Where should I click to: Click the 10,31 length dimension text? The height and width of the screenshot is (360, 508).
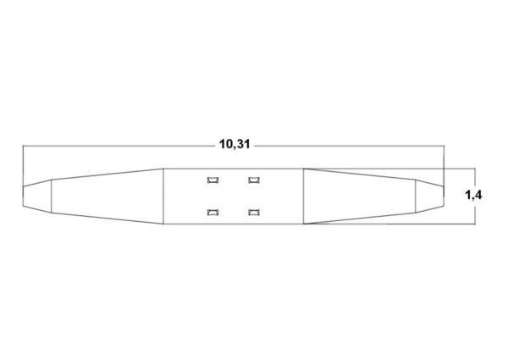click(x=235, y=144)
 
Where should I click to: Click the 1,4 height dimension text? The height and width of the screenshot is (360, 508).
click(x=473, y=195)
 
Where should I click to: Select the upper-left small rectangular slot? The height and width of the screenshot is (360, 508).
click(x=213, y=180)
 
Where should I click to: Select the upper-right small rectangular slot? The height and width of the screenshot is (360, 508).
click(x=254, y=180)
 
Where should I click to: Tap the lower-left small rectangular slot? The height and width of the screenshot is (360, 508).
click(x=213, y=213)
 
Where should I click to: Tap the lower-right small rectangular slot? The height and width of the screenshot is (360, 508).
click(x=254, y=213)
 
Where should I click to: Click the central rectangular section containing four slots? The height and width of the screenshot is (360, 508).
click(x=233, y=197)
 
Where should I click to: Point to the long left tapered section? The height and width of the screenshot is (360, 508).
click(x=108, y=197)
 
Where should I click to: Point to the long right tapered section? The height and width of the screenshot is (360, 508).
click(x=359, y=197)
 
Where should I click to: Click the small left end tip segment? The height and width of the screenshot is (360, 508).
click(x=37, y=197)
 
